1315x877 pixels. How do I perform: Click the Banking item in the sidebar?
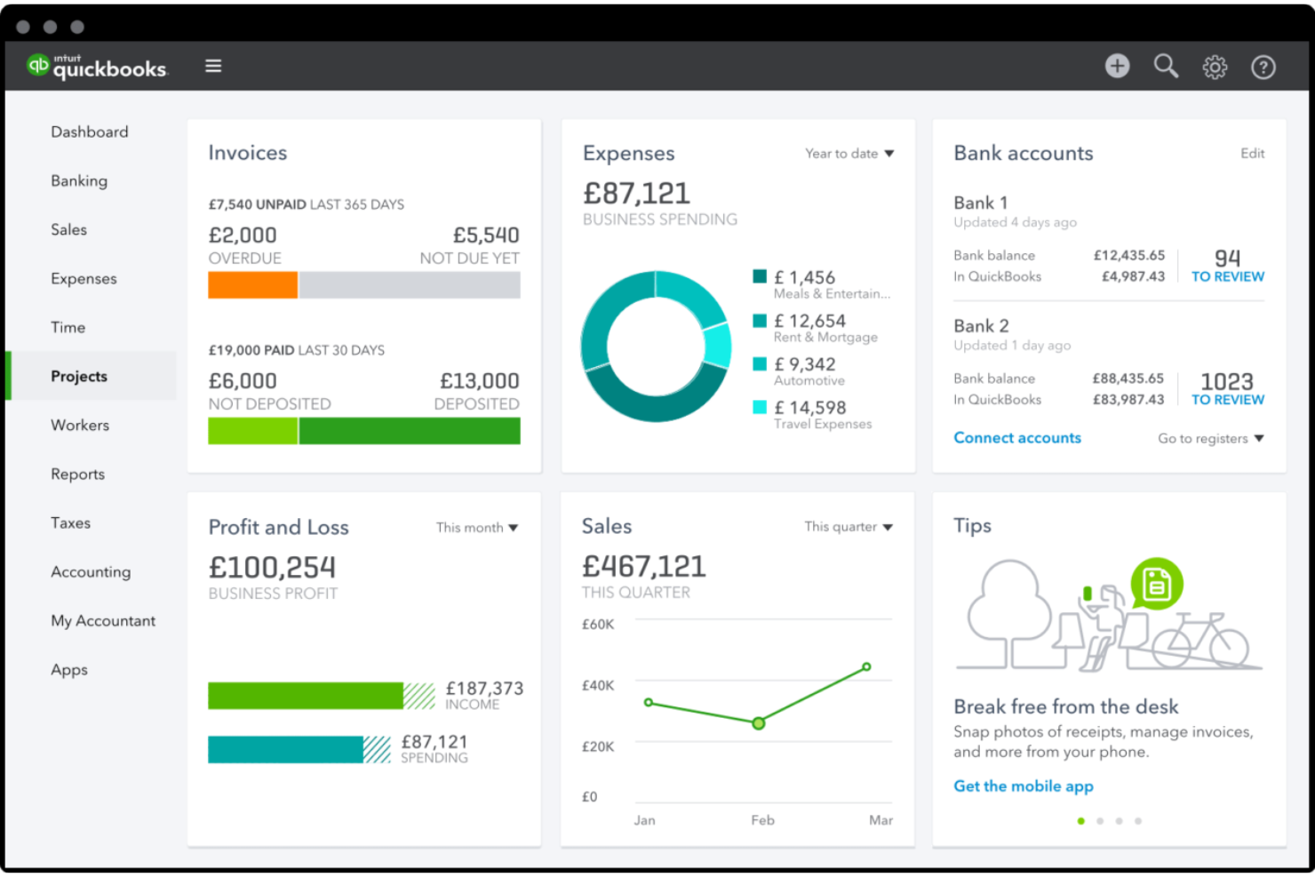tap(79, 180)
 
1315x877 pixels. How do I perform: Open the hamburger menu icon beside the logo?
tap(213, 66)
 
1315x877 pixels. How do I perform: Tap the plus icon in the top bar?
tap(1117, 66)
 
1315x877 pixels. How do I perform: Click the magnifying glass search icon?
tap(1166, 66)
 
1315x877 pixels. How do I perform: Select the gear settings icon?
tap(1215, 67)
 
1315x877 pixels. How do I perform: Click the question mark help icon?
tap(1263, 67)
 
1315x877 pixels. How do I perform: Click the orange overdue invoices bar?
tap(252, 285)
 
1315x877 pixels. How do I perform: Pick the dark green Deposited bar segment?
tap(410, 431)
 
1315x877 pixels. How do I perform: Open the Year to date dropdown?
tap(849, 154)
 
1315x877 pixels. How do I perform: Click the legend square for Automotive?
tap(760, 363)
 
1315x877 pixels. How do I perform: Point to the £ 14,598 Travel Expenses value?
tap(809, 408)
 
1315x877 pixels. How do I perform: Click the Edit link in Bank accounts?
tap(1252, 154)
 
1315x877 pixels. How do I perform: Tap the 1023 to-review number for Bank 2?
tap(1227, 382)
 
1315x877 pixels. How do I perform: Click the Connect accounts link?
tap(1017, 438)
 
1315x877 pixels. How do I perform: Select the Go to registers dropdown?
tap(1210, 439)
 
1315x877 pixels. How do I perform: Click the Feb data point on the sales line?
tap(759, 723)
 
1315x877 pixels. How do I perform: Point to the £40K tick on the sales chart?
tap(597, 686)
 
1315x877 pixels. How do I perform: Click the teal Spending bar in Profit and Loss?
tap(285, 750)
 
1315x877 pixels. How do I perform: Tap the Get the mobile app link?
tap(1023, 786)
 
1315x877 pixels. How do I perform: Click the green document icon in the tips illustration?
tap(1156, 584)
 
